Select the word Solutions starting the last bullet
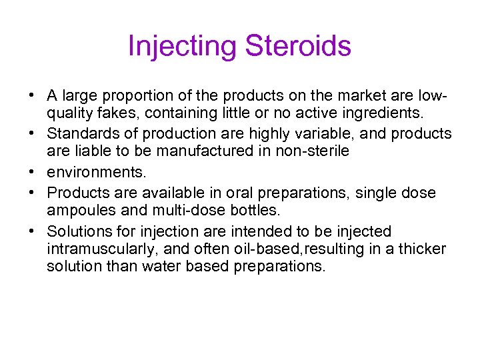(76, 231)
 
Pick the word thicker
(423, 250)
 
